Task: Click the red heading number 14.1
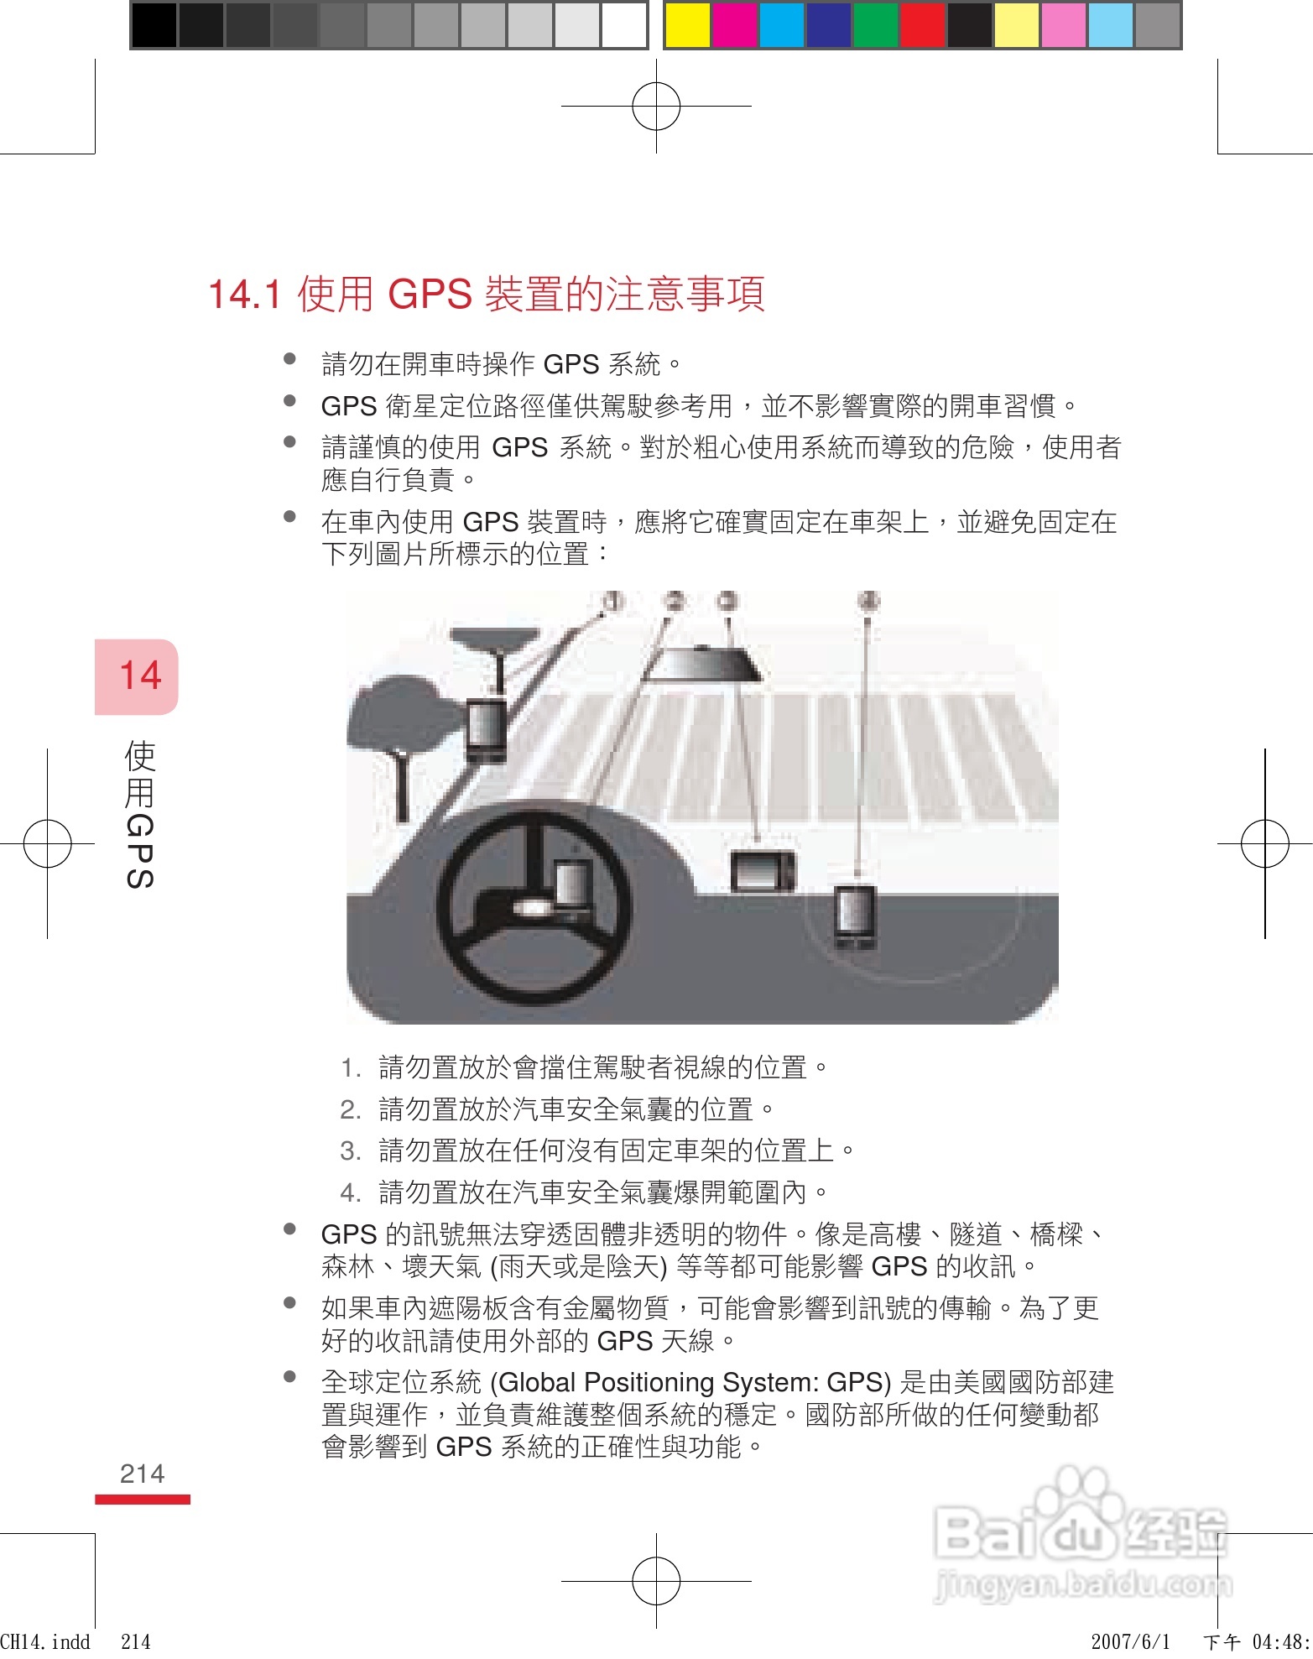[244, 295]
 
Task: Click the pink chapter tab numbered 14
[137, 676]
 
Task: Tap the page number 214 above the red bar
[142, 1474]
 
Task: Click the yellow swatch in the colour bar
[687, 25]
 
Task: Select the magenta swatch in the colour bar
[734, 25]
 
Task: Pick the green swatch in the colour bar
[875, 25]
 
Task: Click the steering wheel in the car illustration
[533, 906]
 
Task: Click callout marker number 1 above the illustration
[614, 601]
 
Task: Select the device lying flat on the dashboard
[762, 870]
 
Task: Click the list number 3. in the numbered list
[350, 1150]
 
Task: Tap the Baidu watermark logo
[1082, 1536]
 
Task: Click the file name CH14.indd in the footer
[45, 1641]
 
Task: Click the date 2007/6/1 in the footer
[1130, 1641]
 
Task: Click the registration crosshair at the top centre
[656, 107]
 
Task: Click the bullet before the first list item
[290, 359]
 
